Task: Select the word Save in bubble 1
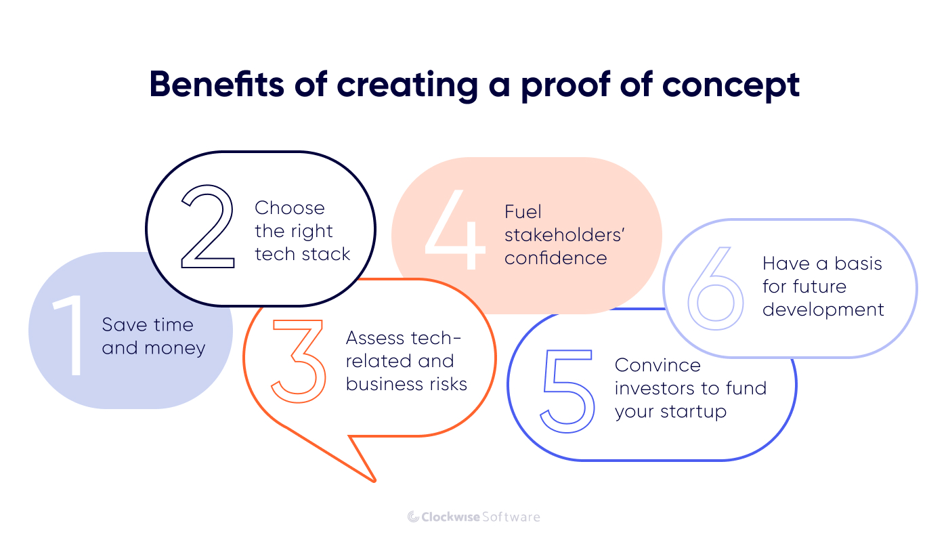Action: click(124, 325)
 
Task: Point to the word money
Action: click(173, 348)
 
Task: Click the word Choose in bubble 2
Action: click(290, 208)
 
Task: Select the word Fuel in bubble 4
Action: click(523, 212)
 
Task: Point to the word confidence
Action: click(555, 258)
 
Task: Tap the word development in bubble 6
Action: click(823, 310)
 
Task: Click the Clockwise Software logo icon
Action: click(413, 517)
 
